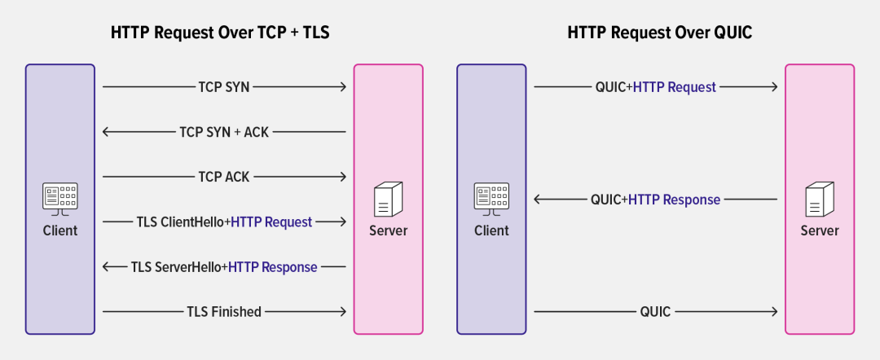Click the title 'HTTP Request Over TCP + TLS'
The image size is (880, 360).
click(224, 33)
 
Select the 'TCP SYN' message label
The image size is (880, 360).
click(224, 86)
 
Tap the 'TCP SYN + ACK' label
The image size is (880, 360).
click(224, 132)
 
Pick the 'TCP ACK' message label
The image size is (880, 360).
click(224, 177)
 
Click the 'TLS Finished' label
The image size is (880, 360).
click(224, 311)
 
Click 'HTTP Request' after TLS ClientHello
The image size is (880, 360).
click(271, 222)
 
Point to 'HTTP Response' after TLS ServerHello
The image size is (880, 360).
click(272, 266)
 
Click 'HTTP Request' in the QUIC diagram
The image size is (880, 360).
click(674, 86)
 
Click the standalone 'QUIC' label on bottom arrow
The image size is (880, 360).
click(655, 311)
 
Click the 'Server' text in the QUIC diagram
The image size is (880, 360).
click(819, 230)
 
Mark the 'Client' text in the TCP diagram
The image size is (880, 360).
click(60, 230)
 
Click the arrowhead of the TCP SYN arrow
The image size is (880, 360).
click(343, 86)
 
